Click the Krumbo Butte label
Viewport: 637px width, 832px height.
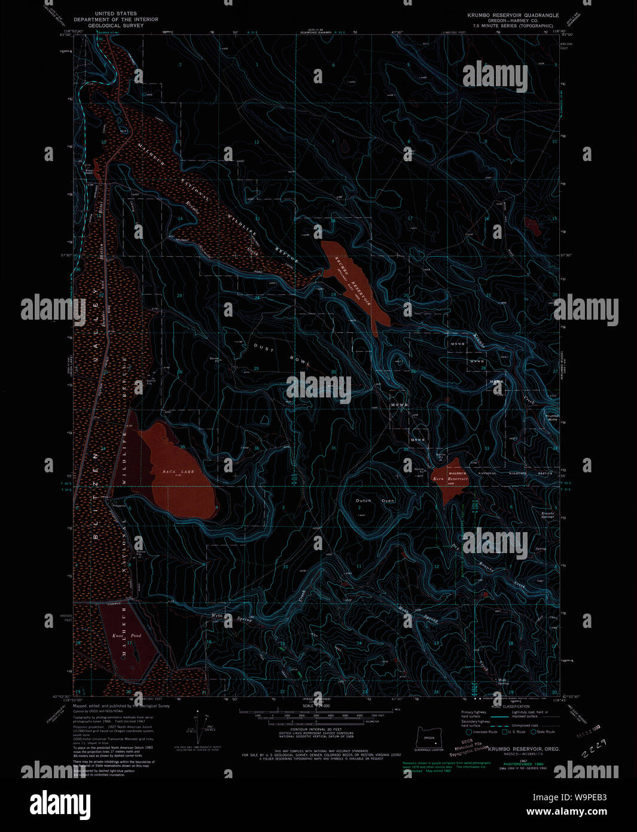[551, 417]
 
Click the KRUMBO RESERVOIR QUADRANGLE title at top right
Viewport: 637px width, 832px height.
[513, 15]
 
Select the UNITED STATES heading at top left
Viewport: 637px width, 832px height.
[116, 13]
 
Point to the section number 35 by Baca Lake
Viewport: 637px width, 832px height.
[182, 447]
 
